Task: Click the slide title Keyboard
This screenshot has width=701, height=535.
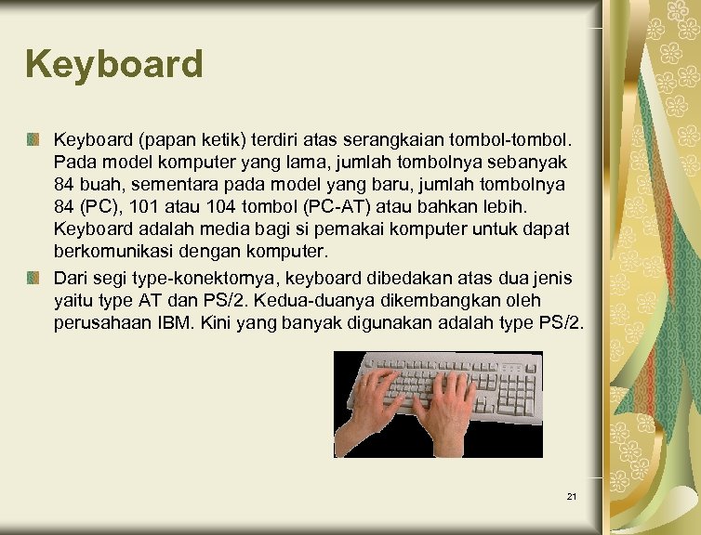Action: pyautogui.click(x=114, y=65)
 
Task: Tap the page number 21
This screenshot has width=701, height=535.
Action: pyautogui.click(x=572, y=498)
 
